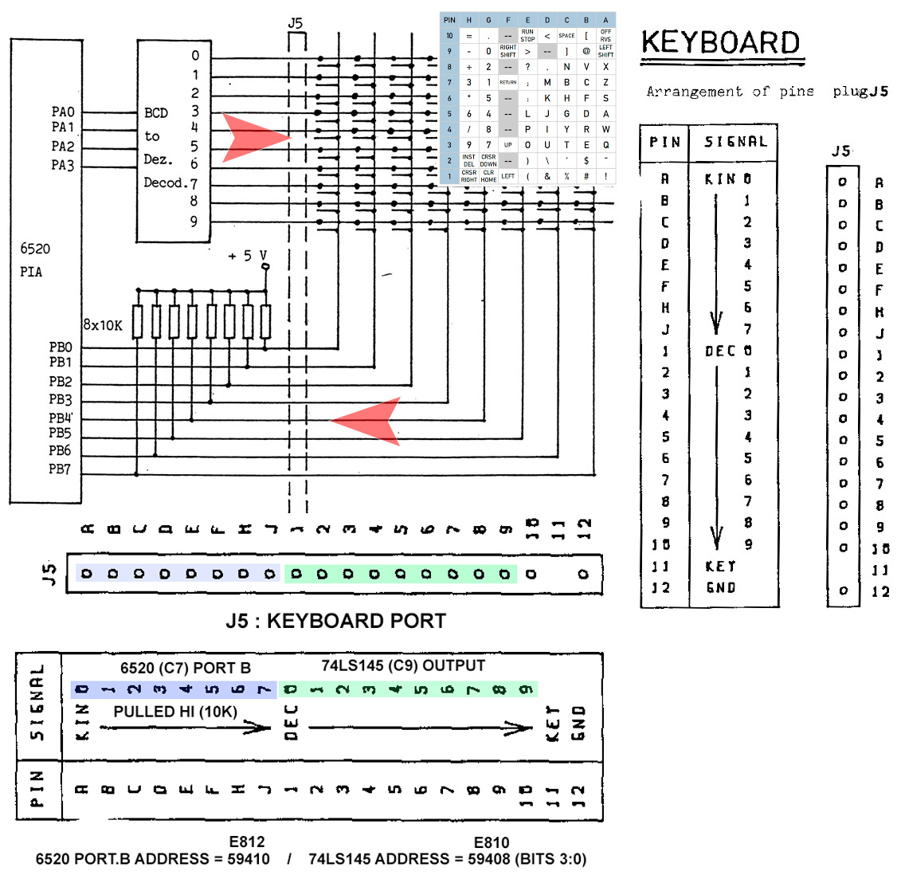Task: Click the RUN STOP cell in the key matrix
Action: point(527,36)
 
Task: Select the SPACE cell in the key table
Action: point(566,36)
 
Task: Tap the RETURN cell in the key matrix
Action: point(508,82)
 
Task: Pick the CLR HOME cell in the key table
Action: point(488,175)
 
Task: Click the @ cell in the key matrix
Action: point(586,51)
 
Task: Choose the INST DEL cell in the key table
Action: point(468,160)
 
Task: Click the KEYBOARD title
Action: point(721,43)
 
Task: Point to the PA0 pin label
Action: point(63,112)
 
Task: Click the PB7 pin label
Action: point(60,469)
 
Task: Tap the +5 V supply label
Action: point(248,256)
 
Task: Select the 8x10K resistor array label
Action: point(103,325)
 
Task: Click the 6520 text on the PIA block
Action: point(35,249)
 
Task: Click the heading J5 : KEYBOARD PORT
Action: point(335,621)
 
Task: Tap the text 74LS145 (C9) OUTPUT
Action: point(403,665)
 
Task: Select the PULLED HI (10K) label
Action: point(175,712)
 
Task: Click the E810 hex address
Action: point(491,842)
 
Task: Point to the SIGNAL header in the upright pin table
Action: point(735,142)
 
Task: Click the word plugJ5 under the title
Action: point(860,92)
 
